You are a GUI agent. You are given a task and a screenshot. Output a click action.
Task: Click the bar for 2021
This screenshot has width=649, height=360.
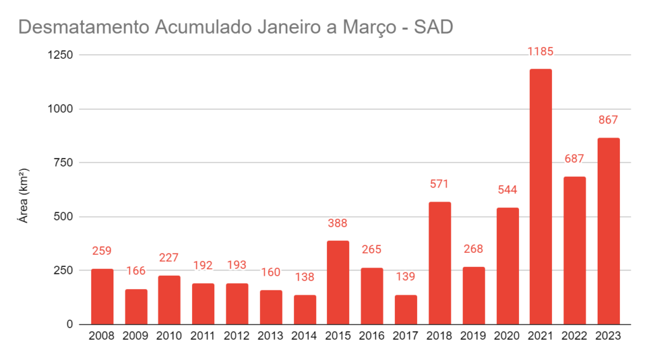click(541, 196)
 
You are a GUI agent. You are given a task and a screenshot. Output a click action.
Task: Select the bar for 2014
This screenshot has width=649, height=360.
click(305, 310)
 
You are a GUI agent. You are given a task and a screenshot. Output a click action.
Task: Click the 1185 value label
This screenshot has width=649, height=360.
click(541, 51)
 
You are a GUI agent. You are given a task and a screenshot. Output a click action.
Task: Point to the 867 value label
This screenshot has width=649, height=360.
click(608, 120)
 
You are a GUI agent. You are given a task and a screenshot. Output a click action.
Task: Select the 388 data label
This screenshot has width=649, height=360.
click(338, 223)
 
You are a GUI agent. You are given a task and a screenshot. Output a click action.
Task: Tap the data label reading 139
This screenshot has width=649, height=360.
click(406, 277)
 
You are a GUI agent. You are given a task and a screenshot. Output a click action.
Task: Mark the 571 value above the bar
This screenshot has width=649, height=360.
click(439, 184)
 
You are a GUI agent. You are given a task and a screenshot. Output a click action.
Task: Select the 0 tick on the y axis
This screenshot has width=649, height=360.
click(70, 325)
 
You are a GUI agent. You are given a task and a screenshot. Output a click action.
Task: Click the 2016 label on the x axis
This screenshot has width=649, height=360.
click(372, 337)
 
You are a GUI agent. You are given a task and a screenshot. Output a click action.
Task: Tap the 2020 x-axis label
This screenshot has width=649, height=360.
click(507, 337)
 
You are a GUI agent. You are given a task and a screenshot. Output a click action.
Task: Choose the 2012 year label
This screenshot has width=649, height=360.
click(237, 337)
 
